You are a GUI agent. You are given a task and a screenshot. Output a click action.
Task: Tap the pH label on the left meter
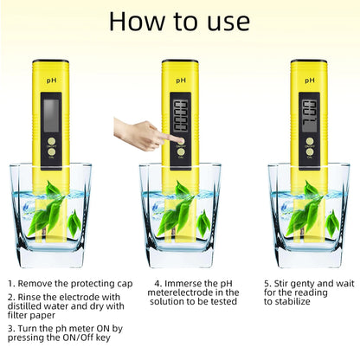pos(52,80)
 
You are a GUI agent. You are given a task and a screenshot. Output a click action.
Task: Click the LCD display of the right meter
pos(308,112)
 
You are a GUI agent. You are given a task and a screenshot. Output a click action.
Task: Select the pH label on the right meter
pos(308,80)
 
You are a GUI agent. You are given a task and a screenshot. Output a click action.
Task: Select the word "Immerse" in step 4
pos(184,282)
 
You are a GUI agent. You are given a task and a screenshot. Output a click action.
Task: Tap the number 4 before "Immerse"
pos(158,282)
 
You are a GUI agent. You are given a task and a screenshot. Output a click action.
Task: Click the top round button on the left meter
pos(52,141)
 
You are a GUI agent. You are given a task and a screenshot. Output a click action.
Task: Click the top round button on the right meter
pos(308,141)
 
